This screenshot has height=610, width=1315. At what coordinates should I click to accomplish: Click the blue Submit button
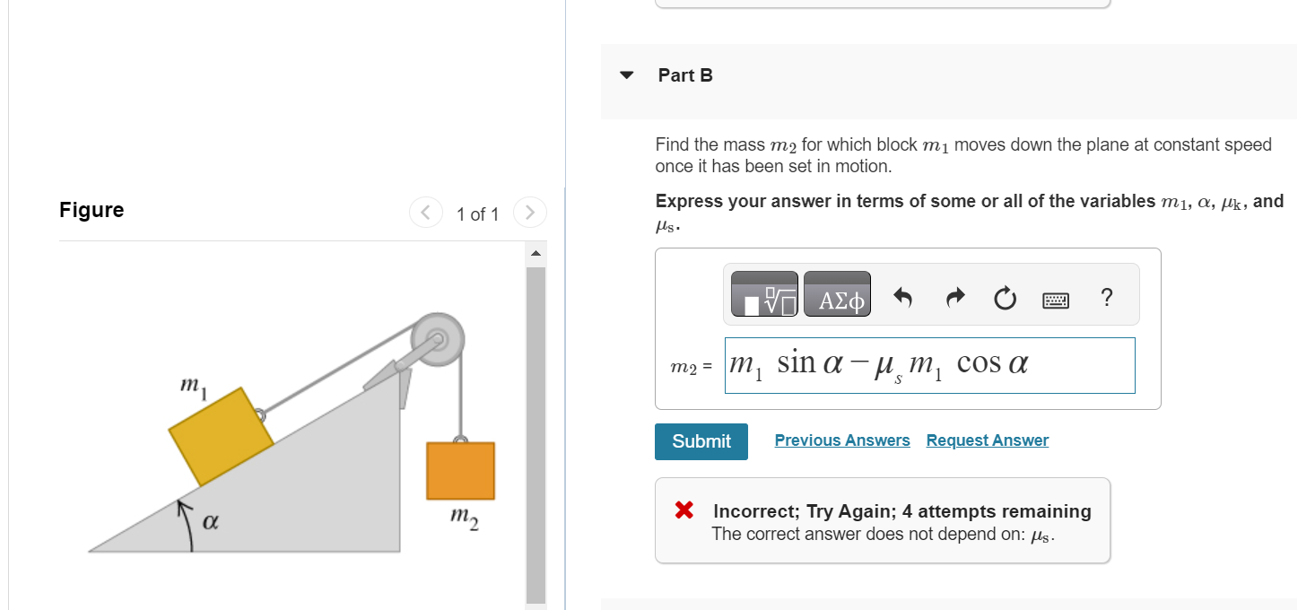coord(701,441)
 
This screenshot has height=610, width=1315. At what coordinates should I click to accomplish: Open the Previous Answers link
coord(841,440)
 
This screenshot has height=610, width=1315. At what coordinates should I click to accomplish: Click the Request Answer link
coord(987,440)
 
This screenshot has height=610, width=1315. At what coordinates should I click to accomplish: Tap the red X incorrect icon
coord(684,511)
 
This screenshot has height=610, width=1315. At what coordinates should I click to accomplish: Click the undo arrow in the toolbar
coord(902,297)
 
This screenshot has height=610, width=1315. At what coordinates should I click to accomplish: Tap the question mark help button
coord(1106,297)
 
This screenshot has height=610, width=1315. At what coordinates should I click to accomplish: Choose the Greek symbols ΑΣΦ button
coord(837,294)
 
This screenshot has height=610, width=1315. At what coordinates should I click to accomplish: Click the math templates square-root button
coord(764,294)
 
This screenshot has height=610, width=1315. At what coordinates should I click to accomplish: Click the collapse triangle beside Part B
coord(627,75)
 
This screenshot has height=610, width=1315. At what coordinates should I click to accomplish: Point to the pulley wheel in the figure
coord(437,340)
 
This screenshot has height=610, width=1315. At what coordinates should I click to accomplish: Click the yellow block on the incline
coord(221,436)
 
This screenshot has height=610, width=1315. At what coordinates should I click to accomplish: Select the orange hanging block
coord(460,470)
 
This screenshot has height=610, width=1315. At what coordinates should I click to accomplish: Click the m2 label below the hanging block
coord(464,518)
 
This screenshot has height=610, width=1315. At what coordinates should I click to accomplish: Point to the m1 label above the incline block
coord(191,385)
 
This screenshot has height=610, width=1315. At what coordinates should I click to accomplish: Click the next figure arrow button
coord(529,213)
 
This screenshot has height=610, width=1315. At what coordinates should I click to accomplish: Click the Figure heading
coord(91,210)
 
